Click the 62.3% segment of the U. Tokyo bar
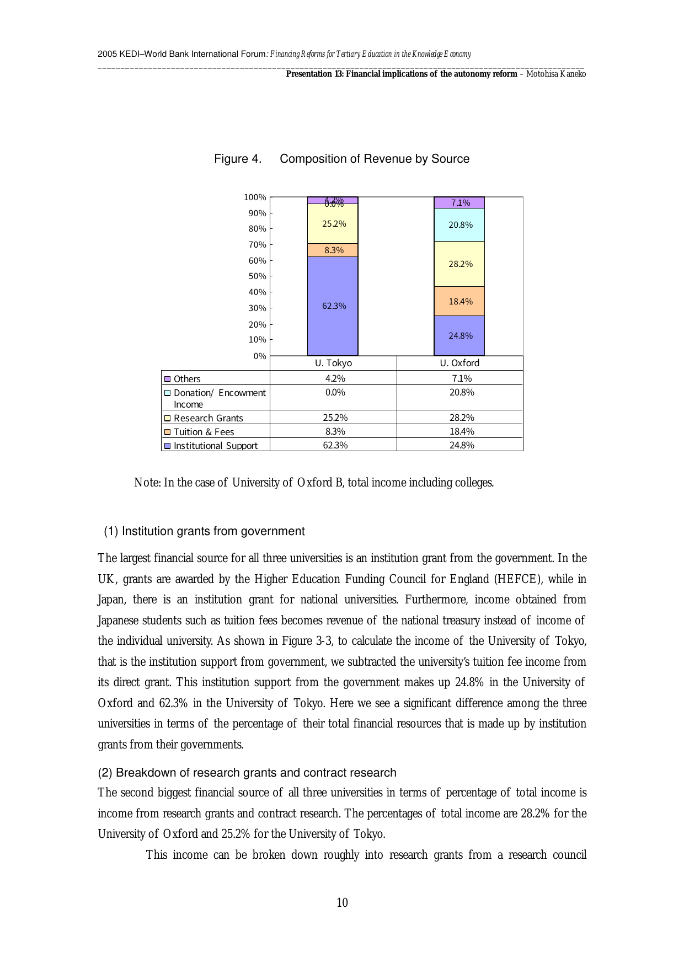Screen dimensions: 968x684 [x=333, y=306]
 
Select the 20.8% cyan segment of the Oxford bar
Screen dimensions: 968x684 [x=459, y=225]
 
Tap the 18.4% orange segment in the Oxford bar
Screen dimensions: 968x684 [x=459, y=301]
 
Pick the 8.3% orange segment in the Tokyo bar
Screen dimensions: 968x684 [x=333, y=250]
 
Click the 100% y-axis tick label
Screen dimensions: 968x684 [x=255, y=197]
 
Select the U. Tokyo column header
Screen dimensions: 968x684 [x=333, y=363]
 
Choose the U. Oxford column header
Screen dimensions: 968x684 [x=459, y=363]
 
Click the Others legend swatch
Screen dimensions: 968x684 [x=168, y=379]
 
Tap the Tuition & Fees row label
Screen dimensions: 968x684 [x=204, y=432]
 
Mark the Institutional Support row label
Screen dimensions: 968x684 [x=215, y=446]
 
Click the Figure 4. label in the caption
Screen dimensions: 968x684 [x=238, y=159]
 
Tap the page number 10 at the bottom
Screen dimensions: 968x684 [x=342, y=902]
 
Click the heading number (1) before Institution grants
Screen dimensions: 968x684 [x=111, y=531]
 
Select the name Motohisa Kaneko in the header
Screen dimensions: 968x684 [x=556, y=74]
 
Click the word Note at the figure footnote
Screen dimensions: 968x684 [x=147, y=483]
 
